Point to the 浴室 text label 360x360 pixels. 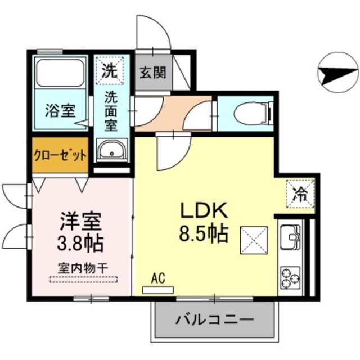click(60, 110)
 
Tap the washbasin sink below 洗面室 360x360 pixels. click(112, 151)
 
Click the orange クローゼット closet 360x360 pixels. click(60, 155)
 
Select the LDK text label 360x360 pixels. click(203, 211)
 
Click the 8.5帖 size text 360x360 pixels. click(204, 232)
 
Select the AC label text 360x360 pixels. click(158, 278)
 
